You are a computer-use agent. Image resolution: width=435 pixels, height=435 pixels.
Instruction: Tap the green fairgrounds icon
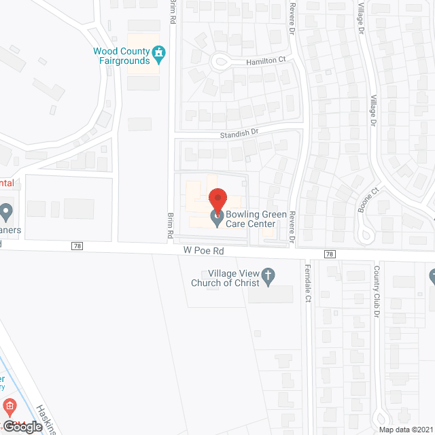click(159, 52)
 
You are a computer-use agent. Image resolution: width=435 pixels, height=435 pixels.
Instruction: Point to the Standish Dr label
click(240, 135)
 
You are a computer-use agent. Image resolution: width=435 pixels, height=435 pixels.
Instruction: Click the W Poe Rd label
click(203, 250)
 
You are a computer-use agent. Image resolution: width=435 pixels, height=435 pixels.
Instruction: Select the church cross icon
click(268, 274)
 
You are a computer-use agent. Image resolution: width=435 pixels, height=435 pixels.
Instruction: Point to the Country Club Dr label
click(375, 290)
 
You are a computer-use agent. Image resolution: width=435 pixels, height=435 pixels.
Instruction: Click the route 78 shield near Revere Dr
click(330, 254)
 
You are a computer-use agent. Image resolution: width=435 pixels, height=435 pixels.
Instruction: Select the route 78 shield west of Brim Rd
click(77, 246)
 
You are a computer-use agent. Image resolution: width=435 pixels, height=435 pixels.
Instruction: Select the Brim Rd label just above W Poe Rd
click(170, 224)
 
